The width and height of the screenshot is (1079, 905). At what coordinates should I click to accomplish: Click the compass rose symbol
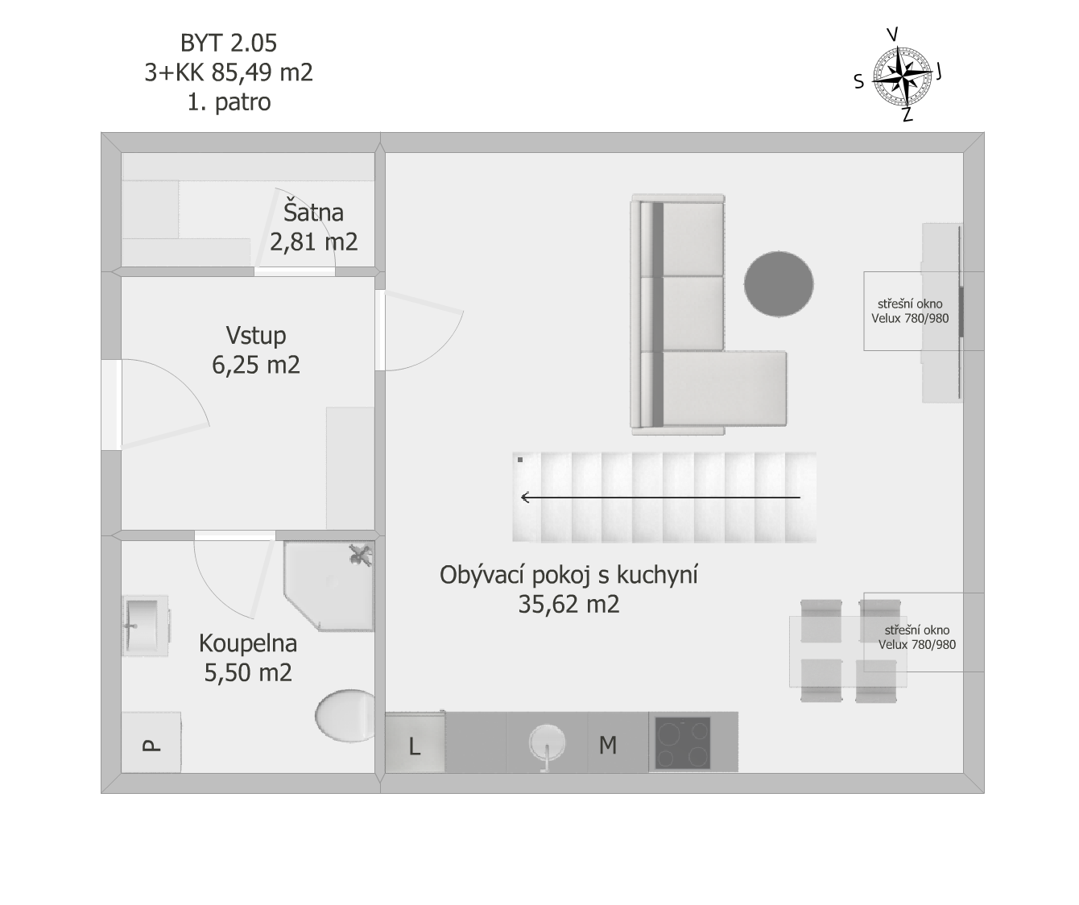pyautogui.click(x=902, y=77)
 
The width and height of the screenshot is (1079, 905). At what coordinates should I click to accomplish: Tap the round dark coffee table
pyautogui.click(x=779, y=283)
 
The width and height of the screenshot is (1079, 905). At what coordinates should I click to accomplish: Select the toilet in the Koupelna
pyautogui.click(x=345, y=716)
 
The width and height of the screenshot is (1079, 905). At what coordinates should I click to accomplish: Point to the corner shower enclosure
pyautogui.click(x=329, y=586)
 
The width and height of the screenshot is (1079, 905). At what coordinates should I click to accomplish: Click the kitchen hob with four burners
pyautogui.click(x=683, y=742)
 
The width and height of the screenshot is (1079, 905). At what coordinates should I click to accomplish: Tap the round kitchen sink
pyautogui.click(x=547, y=743)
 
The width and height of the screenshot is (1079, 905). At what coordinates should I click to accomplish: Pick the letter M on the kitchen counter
pyautogui.click(x=608, y=745)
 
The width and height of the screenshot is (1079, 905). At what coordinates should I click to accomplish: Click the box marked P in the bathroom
pyautogui.click(x=151, y=742)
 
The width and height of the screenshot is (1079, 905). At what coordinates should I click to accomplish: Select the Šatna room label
pyautogui.click(x=313, y=213)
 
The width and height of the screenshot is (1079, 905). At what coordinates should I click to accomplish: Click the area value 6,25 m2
pyautogui.click(x=256, y=365)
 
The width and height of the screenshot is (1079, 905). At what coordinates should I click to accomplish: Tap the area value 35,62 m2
pyautogui.click(x=568, y=604)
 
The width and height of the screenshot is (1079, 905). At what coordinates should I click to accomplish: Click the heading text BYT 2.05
pyautogui.click(x=229, y=43)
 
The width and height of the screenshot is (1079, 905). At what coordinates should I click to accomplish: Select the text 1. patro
pyautogui.click(x=229, y=101)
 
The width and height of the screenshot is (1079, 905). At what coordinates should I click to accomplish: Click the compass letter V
pyautogui.click(x=892, y=34)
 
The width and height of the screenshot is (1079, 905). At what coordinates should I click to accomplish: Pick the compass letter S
pyautogui.click(x=859, y=81)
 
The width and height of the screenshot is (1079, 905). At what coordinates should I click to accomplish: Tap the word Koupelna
pyautogui.click(x=248, y=643)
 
